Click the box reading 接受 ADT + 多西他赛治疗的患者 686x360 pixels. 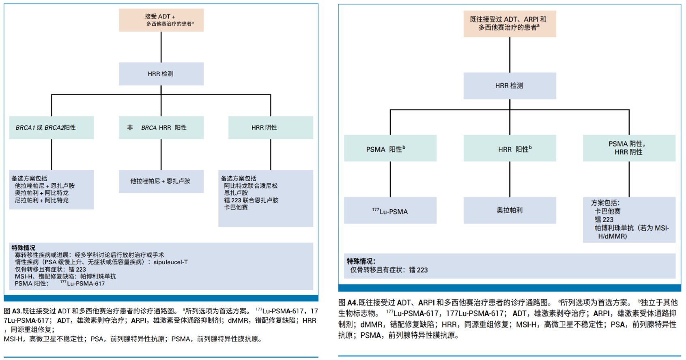coord(161,20)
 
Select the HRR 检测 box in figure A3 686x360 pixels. coord(161,74)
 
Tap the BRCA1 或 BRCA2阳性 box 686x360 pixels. coord(52,128)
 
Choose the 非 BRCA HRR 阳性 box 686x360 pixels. coord(161,128)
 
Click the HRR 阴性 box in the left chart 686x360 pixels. coord(271,128)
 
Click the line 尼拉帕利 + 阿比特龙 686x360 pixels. coord(42,200)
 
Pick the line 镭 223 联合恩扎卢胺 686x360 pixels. coord(251,200)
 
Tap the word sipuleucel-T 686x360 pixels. coord(170,262)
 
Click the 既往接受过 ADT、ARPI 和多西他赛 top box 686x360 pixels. coord(510,24)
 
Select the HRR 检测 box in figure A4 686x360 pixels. coord(510,86)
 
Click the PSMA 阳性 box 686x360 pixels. coord(390,149)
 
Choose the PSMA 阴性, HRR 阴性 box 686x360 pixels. coord(629,148)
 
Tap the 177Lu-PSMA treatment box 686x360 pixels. coord(390,211)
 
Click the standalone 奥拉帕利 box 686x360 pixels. coord(510,210)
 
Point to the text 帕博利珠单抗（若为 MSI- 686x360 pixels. coord(632,228)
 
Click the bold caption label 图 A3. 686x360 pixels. coord(12,311)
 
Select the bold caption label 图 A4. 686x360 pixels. coord(347,303)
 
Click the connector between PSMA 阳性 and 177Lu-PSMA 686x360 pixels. coord(390,179)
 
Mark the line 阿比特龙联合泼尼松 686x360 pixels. coord(251,186)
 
